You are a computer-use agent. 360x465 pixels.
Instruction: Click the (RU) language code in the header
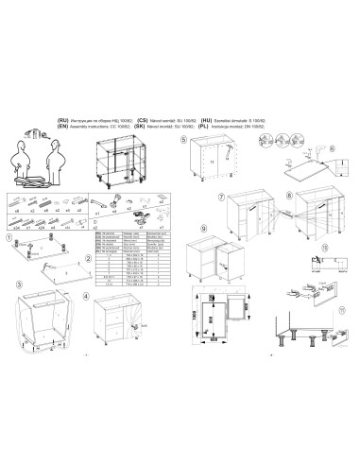pyautogui.click(x=64, y=122)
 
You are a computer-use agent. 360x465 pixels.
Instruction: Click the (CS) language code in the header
pyautogui.click(x=142, y=122)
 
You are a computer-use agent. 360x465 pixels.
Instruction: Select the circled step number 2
pyautogui.click(x=88, y=258)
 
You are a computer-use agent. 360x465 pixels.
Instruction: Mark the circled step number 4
pyautogui.click(x=87, y=296)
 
